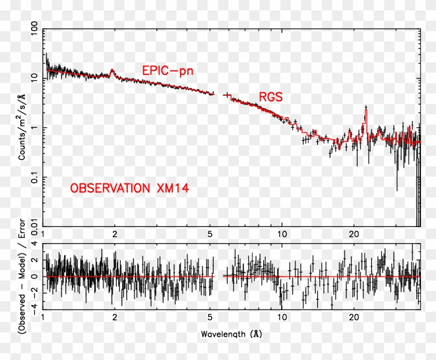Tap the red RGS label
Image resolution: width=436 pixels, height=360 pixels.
[x=271, y=97]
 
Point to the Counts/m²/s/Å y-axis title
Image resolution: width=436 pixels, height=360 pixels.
[x=23, y=130]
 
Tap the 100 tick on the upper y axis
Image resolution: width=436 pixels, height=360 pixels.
[x=35, y=30]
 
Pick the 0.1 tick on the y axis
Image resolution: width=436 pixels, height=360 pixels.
[x=35, y=177]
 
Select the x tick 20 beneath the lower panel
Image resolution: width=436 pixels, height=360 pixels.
[x=354, y=317]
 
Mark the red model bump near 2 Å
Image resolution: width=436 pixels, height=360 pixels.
[x=112, y=71]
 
